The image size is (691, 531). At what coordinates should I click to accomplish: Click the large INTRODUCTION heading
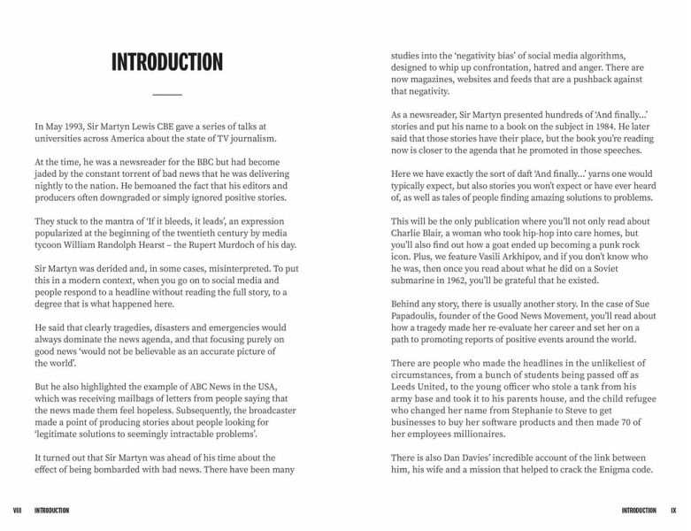(x=167, y=62)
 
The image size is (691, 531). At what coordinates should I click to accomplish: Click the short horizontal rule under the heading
(x=167, y=94)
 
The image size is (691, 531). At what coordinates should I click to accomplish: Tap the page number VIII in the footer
(x=17, y=511)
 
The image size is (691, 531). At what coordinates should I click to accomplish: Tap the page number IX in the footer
(x=673, y=511)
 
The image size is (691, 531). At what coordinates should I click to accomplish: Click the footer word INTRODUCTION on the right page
(x=639, y=511)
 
